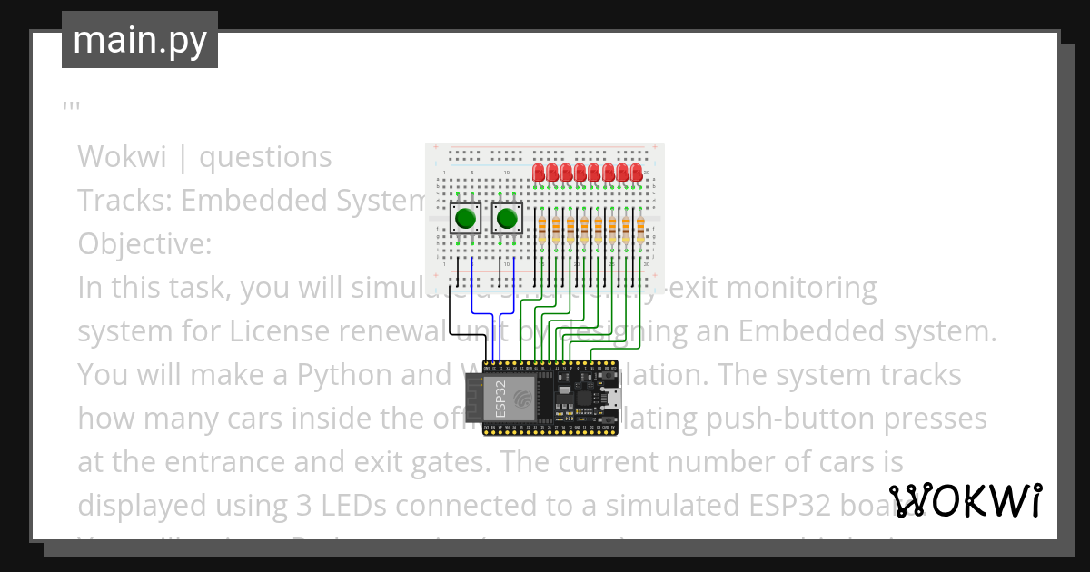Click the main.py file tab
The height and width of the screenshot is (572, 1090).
tap(139, 40)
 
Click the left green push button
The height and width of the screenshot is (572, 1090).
tap(466, 218)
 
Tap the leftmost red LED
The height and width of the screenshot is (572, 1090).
tap(539, 171)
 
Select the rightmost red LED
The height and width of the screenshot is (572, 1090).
tap(637, 171)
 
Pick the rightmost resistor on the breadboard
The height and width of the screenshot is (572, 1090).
tap(640, 228)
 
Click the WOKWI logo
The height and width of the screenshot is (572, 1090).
tap(966, 500)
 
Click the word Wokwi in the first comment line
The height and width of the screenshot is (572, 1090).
tap(122, 157)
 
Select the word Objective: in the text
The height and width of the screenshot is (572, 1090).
tap(144, 244)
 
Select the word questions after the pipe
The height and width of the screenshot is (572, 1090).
tap(265, 157)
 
